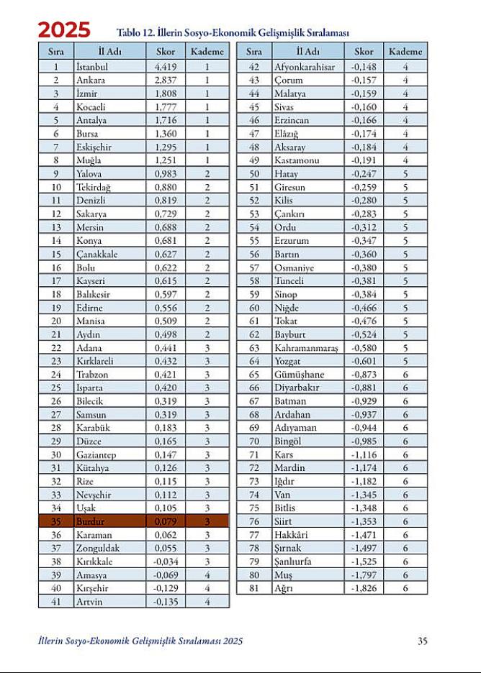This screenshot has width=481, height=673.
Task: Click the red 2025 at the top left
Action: coord(64,30)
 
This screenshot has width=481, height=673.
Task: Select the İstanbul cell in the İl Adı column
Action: coord(91,67)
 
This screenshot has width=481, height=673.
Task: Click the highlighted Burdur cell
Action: coord(91,521)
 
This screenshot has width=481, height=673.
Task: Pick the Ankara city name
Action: coord(90,80)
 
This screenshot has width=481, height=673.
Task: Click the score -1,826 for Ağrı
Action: coord(363,588)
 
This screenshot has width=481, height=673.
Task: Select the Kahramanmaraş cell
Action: coord(305,348)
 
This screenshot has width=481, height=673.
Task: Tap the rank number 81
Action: coord(253,588)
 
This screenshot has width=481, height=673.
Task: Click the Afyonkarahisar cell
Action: coord(305,67)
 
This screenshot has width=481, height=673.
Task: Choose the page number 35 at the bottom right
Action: coord(423,641)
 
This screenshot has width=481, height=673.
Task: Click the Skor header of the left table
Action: coord(166,52)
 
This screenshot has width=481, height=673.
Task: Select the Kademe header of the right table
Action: coord(405,52)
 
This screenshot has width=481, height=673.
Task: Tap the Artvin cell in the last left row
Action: coord(89,602)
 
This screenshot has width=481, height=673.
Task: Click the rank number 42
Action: coord(253,67)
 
